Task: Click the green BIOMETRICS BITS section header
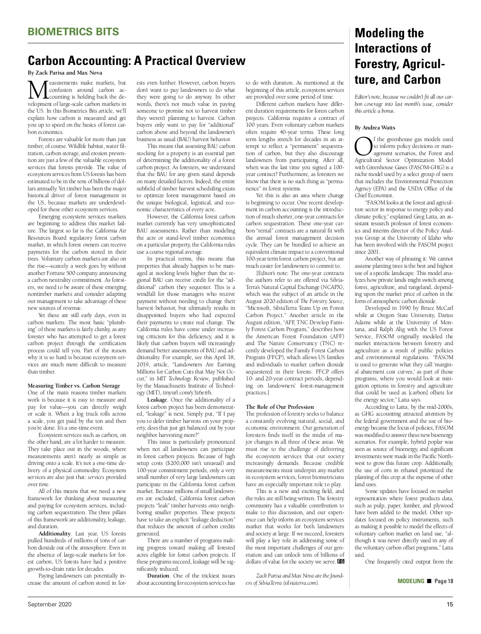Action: click(x=73, y=32)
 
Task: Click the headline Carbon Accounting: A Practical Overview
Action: click(x=136, y=61)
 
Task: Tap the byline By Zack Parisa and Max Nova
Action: click(x=65, y=73)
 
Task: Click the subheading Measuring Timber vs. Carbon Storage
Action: click(x=74, y=386)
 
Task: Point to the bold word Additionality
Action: click(x=55, y=533)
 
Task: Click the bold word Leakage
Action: click(x=157, y=400)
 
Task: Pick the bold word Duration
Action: click(x=158, y=576)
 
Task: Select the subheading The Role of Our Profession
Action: click(x=280, y=407)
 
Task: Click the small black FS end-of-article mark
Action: click(x=341, y=561)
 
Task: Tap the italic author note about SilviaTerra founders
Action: click(x=295, y=579)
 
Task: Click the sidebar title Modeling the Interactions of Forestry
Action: click(x=400, y=56)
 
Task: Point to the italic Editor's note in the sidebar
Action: click(x=404, y=104)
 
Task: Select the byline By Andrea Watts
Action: click(x=375, y=128)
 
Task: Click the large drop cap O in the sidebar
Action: click(x=363, y=146)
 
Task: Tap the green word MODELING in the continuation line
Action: click(x=411, y=581)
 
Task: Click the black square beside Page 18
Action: click(x=429, y=581)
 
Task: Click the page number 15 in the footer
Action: click(x=450, y=605)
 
